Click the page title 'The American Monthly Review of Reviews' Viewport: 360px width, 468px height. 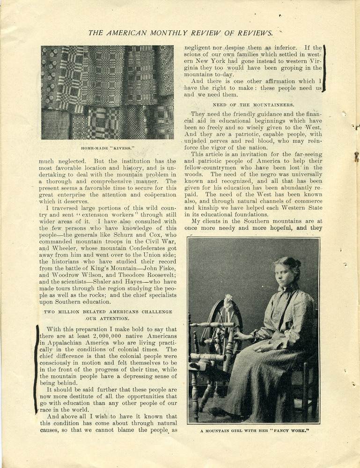(x=180, y=33)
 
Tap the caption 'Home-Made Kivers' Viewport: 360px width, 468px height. (x=108, y=148)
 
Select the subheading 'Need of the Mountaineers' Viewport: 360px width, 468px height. (x=253, y=105)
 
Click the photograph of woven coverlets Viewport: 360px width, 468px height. (x=107, y=92)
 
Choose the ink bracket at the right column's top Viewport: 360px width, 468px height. (x=323, y=68)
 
